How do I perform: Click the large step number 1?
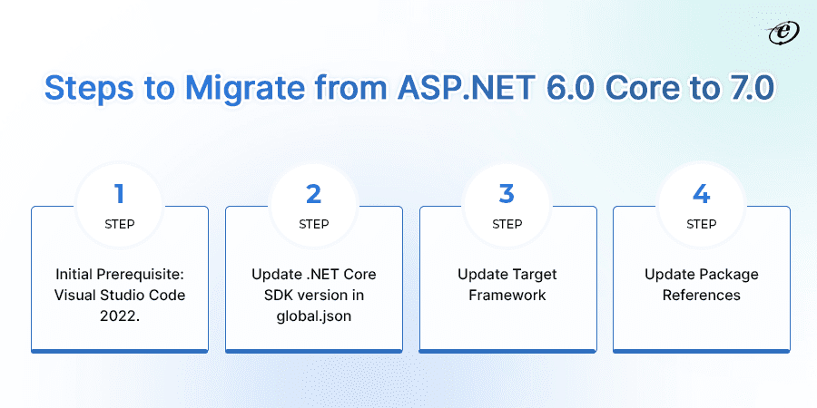click(x=119, y=192)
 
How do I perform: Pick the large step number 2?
click(x=313, y=192)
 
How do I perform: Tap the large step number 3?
click(x=507, y=192)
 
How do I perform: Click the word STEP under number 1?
click(x=119, y=224)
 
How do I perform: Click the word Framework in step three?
click(x=507, y=295)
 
